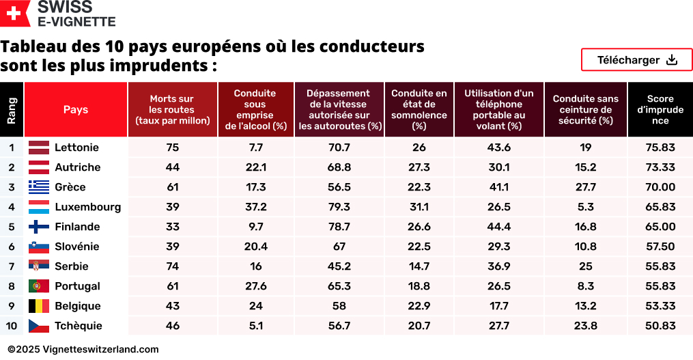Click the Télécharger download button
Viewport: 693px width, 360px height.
(x=636, y=60)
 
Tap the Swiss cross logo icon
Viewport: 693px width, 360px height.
(x=15, y=14)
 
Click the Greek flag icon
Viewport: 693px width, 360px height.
(x=38, y=187)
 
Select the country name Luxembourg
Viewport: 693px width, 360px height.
(x=87, y=207)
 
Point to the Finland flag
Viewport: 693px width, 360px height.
(x=38, y=227)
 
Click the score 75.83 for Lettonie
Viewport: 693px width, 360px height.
(x=660, y=148)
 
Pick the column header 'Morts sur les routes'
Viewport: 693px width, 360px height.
(x=172, y=109)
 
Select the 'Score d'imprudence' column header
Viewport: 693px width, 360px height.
(x=660, y=109)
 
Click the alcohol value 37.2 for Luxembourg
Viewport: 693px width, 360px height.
(x=255, y=207)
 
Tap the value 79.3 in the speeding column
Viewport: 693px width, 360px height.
(x=339, y=207)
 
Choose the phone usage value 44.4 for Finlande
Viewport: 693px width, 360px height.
(x=498, y=227)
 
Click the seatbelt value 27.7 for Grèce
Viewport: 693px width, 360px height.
(x=585, y=187)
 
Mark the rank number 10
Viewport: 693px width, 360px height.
(x=12, y=326)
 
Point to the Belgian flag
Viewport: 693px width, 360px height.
(x=38, y=306)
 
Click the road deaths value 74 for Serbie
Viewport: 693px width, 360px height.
(x=172, y=266)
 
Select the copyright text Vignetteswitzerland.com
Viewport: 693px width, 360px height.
(x=83, y=349)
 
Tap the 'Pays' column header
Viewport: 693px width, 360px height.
(x=76, y=109)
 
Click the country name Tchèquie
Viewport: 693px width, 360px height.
(x=78, y=326)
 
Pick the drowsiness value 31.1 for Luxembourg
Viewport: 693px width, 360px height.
(x=419, y=207)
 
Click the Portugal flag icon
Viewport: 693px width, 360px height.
(x=38, y=286)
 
